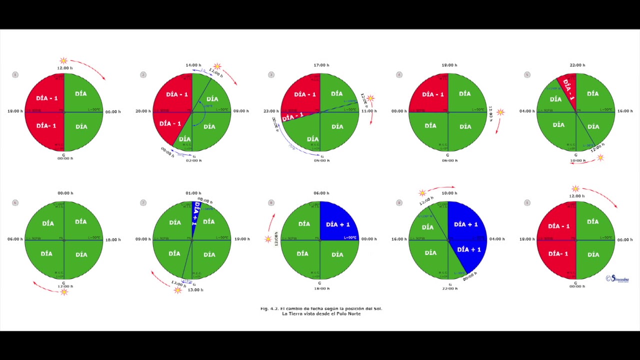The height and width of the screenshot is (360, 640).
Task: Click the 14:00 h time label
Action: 193,65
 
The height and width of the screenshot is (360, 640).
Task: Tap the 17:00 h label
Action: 321,65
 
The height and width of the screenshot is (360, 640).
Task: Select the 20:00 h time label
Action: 143,111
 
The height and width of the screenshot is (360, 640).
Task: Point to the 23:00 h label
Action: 271,111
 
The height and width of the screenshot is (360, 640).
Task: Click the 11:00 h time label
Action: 369,111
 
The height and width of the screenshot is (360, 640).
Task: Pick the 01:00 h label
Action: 193,193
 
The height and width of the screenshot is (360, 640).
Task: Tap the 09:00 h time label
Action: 143,239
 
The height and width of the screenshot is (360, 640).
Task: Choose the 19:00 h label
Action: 242,239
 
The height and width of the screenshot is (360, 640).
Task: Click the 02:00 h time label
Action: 193,160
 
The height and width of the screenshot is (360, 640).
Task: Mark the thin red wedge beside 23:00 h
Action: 293,117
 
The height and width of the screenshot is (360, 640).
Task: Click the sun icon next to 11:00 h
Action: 370,98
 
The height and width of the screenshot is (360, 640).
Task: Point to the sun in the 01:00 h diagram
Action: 177,290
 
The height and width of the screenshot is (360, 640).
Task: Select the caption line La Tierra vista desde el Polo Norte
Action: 321,313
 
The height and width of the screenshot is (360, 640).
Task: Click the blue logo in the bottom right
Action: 617,279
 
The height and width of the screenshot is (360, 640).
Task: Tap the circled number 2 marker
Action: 143,75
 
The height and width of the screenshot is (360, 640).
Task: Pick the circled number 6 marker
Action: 15,203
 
